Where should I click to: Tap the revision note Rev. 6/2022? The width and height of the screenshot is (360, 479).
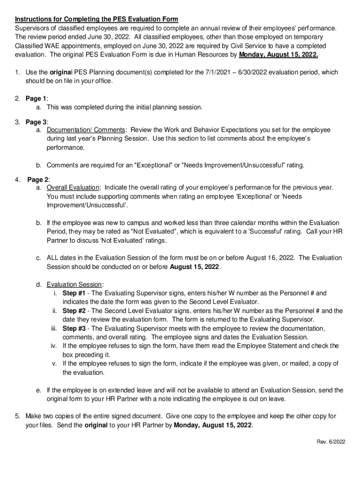coord(329,441)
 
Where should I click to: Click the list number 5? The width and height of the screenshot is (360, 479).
coord(17,416)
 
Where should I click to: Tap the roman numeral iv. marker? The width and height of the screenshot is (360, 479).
coord(54,346)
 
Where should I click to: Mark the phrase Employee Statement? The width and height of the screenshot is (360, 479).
coord(264,346)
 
